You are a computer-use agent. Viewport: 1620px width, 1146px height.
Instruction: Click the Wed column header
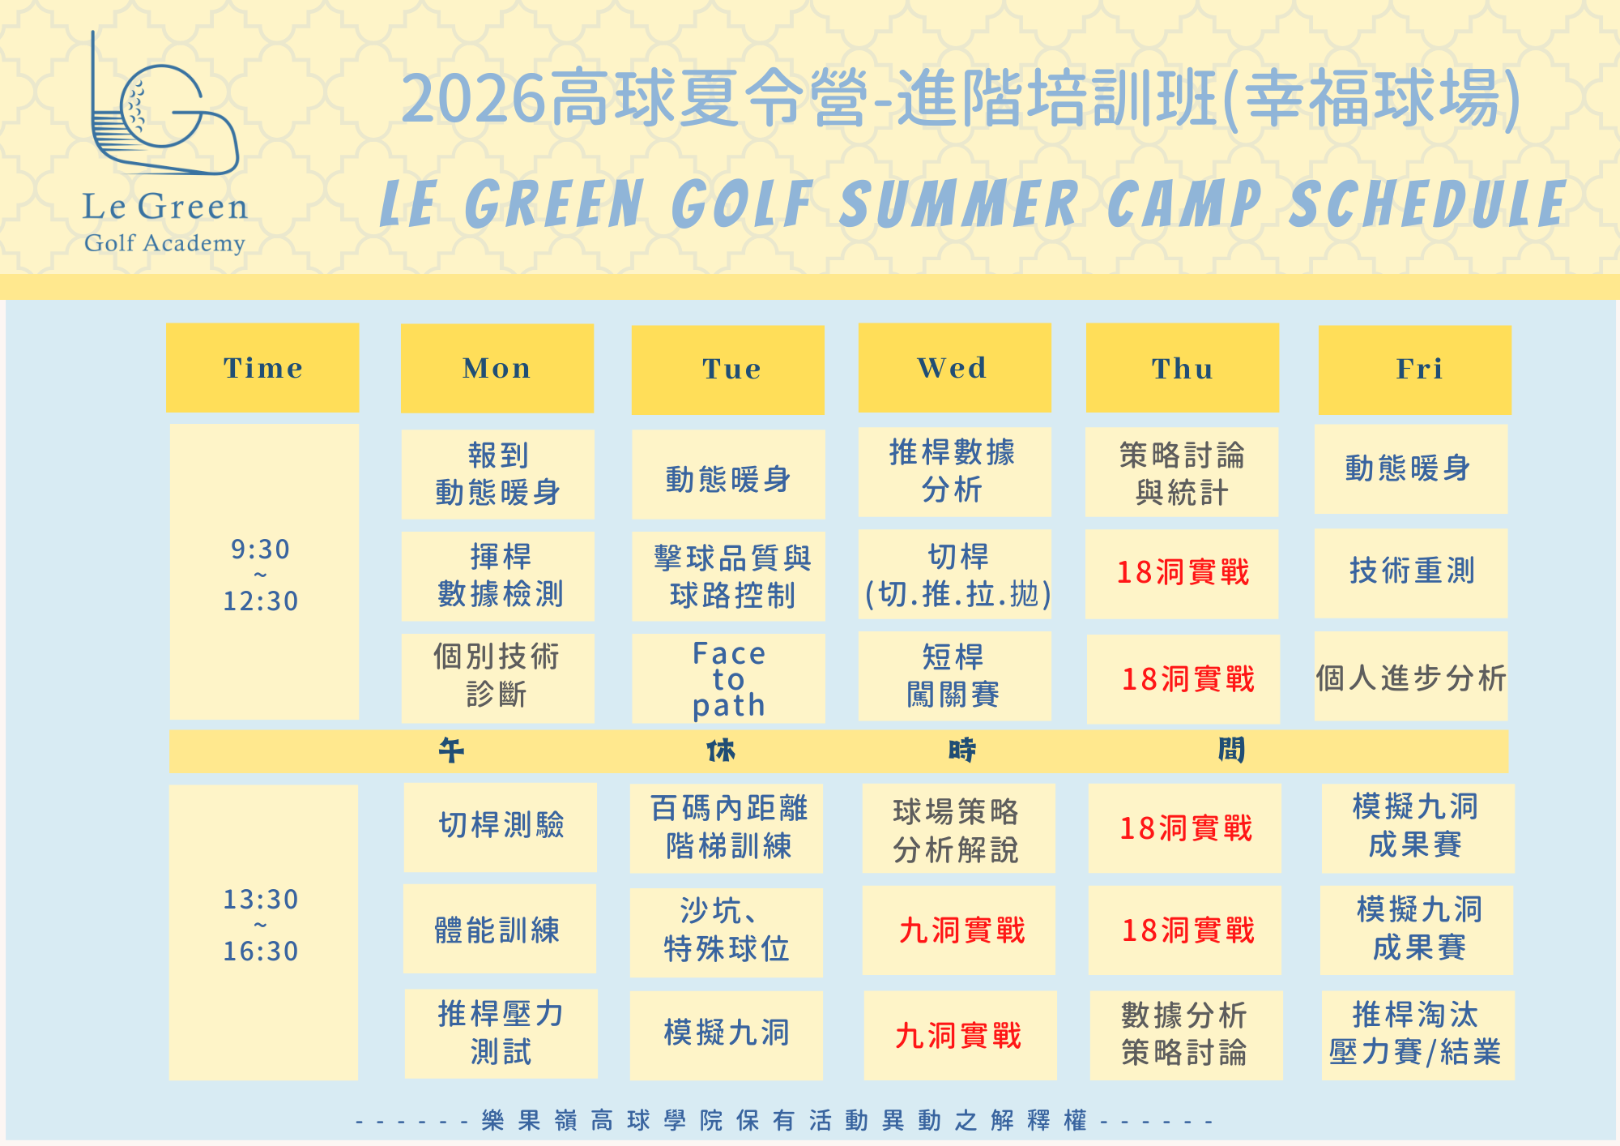(x=954, y=368)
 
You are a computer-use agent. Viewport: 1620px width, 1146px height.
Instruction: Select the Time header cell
(x=262, y=368)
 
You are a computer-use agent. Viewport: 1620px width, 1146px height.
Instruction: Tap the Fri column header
(x=1414, y=370)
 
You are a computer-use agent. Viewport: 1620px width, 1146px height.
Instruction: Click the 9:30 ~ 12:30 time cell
(x=264, y=572)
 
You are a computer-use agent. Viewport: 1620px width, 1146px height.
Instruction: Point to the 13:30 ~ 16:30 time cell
(x=263, y=932)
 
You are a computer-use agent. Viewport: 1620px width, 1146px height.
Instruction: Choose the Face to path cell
(x=728, y=678)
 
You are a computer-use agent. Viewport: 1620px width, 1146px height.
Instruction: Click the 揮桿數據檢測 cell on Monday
(x=497, y=576)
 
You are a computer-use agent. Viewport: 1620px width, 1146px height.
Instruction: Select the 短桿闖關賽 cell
(x=954, y=676)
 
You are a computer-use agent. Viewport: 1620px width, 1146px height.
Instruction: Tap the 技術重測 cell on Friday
(x=1411, y=573)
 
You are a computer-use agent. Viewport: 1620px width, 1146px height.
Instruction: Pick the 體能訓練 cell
(x=499, y=929)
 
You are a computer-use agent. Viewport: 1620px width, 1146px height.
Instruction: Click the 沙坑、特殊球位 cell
(x=726, y=932)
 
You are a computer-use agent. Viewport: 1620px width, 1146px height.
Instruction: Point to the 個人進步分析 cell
(x=1411, y=676)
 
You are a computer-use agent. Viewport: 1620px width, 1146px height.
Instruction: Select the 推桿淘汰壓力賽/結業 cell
(x=1417, y=1035)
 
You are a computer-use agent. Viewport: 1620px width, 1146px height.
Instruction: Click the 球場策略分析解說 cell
(x=958, y=828)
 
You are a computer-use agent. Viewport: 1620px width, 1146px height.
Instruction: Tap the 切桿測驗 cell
(x=500, y=827)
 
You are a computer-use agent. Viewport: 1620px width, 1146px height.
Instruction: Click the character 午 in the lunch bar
(x=451, y=750)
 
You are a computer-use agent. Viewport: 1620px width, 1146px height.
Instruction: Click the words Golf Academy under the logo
(x=164, y=243)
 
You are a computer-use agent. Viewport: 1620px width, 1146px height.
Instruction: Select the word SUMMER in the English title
(x=959, y=203)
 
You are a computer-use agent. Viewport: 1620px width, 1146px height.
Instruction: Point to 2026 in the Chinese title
(x=474, y=99)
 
